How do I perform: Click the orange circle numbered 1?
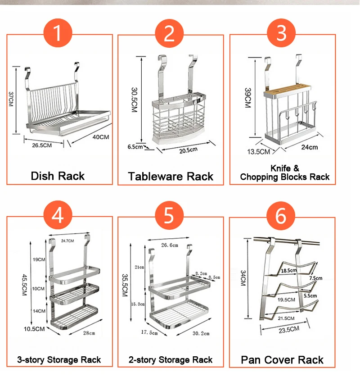pyautogui.click(x=57, y=33)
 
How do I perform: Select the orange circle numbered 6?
pyautogui.click(x=281, y=216)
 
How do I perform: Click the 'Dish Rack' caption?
pyautogui.click(x=58, y=176)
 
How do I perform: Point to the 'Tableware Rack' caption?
pyautogui.click(x=171, y=176)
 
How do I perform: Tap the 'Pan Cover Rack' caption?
pyautogui.click(x=282, y=360)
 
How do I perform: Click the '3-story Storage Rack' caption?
pyautogui.click(x=59, y=360)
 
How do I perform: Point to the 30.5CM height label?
pyautogui.click(x=134, y=99)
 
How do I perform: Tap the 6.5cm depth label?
pyautogui.click(x=135, y=147)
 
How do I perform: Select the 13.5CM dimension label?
pyautogui.click(x=258, y=151)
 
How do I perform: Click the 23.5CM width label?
pyautogui.click(x=286, y=330)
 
